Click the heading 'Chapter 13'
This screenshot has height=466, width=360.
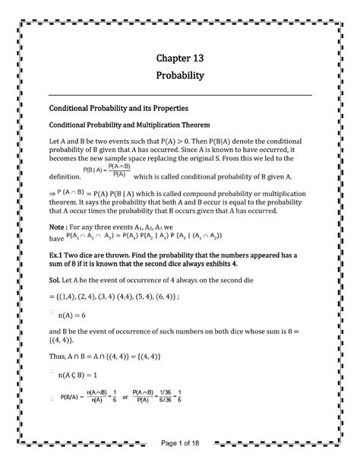(180, 58)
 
